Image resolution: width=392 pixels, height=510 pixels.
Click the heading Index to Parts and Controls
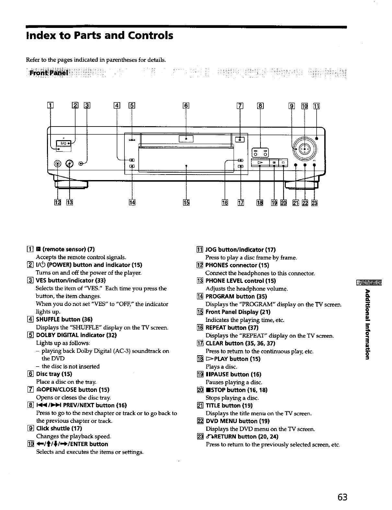coord(99,35)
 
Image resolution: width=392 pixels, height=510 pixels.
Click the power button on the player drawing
coord(64,143)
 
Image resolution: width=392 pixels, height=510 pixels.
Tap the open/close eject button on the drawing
coord(240,140)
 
